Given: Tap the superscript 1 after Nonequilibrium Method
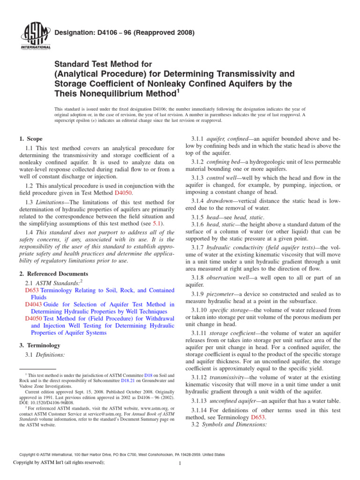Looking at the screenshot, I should (178, 92).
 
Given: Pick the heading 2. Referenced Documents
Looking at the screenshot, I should (53, 274).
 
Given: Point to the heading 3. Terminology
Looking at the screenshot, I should (40, 345).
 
